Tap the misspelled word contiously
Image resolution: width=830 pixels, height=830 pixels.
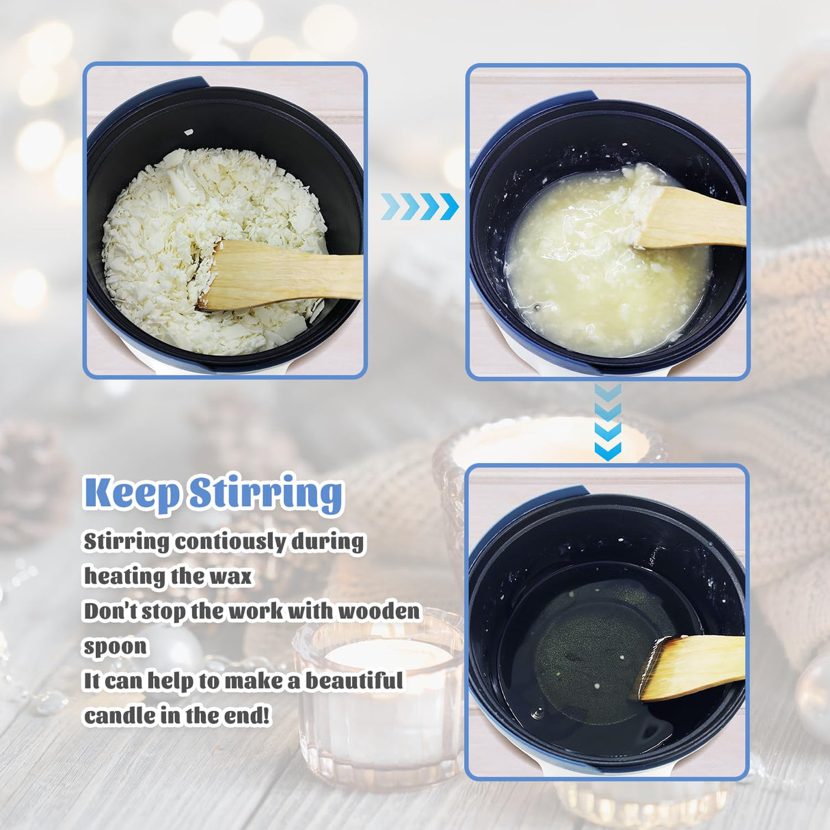click(x=231, y=541)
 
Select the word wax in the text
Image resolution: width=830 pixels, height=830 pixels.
click(x=230, y=576)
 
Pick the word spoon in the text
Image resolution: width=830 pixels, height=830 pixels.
click(x=115, y=646)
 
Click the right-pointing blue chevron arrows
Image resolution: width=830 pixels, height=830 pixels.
click(x=419, y=206)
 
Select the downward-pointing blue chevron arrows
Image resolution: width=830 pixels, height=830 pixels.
click(x=608, y=421)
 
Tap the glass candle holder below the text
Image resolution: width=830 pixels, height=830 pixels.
click(x=379, y=704)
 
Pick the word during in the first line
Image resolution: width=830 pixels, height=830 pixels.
click(x=327, y=541)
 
